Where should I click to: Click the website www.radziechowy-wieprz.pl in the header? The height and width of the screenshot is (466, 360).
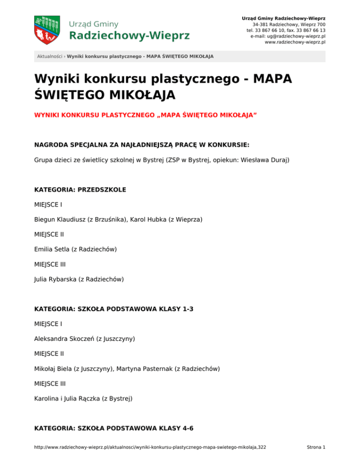pos(295,42)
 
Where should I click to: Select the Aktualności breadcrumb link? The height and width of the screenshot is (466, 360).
pos(50,57)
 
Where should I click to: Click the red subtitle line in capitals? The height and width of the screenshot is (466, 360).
pos(146,115)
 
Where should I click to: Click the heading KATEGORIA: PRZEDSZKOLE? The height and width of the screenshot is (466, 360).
pos(80,190)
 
